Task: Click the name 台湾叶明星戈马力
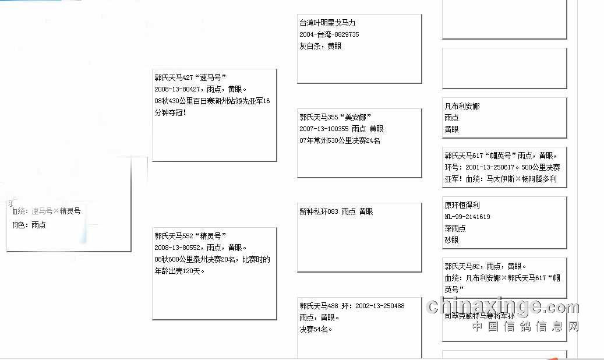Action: [x=327, y=23]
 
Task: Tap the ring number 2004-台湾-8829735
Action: [x=329, y=34]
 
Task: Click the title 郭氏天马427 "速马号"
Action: [x=190, y=77]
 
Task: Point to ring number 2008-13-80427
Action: [x=179, y=89]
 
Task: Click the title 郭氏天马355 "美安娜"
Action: [x=335, y=117]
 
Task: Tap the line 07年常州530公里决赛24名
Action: [x=340, y=140]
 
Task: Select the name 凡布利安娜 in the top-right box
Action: [x=462, y=107]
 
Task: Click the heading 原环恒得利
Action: [x=462, y=205]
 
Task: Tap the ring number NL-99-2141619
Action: [x=467, y=217]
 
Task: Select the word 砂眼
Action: [x=451, y=239]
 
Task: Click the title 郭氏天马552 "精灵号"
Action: [x=190, y=236]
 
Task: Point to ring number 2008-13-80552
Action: [x=179, y=248]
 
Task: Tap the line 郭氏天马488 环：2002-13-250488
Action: [x=352, y=306]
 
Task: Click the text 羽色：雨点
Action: [x=29, y=225]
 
